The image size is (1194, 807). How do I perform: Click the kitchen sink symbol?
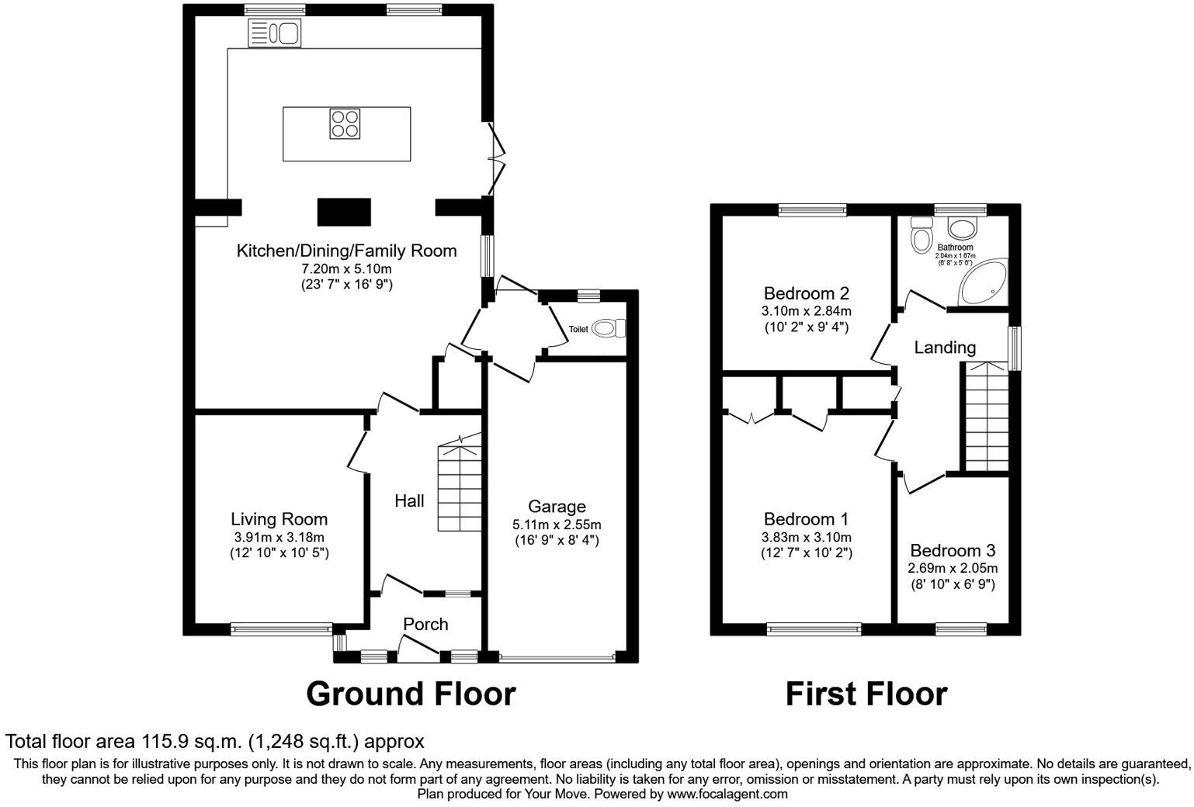pos(274,33)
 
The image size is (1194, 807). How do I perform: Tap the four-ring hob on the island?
pos(345,123)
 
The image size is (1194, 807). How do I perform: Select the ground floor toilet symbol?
pos(608,328)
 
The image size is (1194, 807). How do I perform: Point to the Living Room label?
pos(279,519)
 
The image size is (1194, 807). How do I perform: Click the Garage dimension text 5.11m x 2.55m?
pos(557,525)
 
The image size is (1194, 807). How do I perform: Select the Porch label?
pos(425,624)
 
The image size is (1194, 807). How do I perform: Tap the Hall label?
pos(409,501)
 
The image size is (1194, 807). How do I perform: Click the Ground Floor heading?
pos(411,694)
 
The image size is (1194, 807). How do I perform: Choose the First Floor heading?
pos(866,694)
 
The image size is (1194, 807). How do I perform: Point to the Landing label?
pos(944,348)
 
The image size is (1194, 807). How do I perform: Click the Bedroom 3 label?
pos(952,551)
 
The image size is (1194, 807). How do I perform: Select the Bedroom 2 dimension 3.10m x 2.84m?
pos(806,311)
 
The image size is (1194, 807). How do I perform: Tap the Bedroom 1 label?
pos(806,519)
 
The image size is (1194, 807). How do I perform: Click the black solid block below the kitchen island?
pos(344,212)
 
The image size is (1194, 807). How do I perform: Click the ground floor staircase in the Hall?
pos(460,485)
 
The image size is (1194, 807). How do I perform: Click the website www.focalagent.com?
pos(727,794)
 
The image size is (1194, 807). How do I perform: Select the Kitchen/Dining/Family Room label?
pos(346,251)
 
